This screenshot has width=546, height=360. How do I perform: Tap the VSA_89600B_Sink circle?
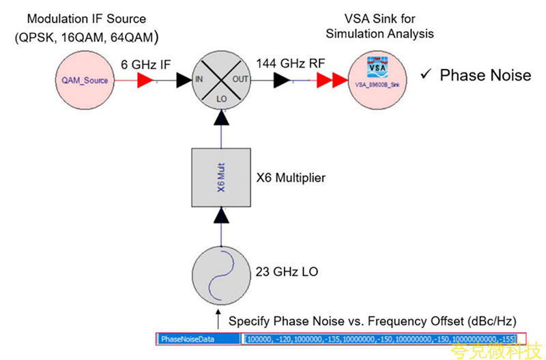click(x=378, y=80)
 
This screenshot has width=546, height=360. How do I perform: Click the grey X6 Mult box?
click(x=220, y=178)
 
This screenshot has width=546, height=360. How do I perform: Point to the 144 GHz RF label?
click(x=289, y=64)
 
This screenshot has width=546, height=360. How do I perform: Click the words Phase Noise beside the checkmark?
click(x=485, y=74)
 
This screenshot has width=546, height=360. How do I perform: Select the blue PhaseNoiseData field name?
click(x=197, y=338)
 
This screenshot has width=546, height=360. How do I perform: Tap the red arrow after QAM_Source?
click(x=145, y=81)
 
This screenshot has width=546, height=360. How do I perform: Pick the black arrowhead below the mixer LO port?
click(x=220, y=120)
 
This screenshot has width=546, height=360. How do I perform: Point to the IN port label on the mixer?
click(x=199, y=80)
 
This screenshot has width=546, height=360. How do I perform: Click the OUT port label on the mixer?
click(x=242, y=80)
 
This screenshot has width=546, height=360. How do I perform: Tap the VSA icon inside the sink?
click(x=377, y=70)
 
